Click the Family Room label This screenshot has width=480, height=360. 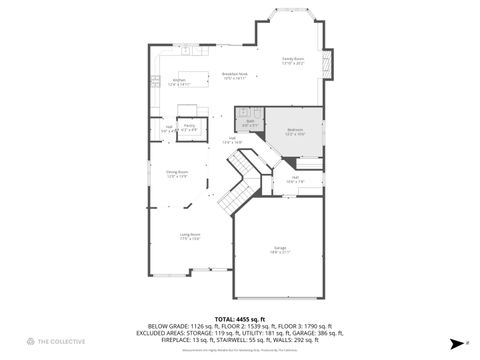click(x=292, y=60)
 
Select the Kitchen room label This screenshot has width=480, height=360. click(x=179, y=82)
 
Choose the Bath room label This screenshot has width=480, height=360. click(x=250, y=123)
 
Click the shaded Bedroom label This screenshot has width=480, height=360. click(x=295, y=131)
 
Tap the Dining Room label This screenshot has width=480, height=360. click(x=177, y=174)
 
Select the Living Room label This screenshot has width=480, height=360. click(x=176, y=237)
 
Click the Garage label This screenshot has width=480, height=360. click(x=280, y=249)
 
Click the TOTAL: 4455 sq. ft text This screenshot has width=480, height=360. click(x=239, y=318)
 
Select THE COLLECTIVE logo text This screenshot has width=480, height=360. click(x=61, y=342)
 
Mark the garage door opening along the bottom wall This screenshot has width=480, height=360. click(x=280, y=299)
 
